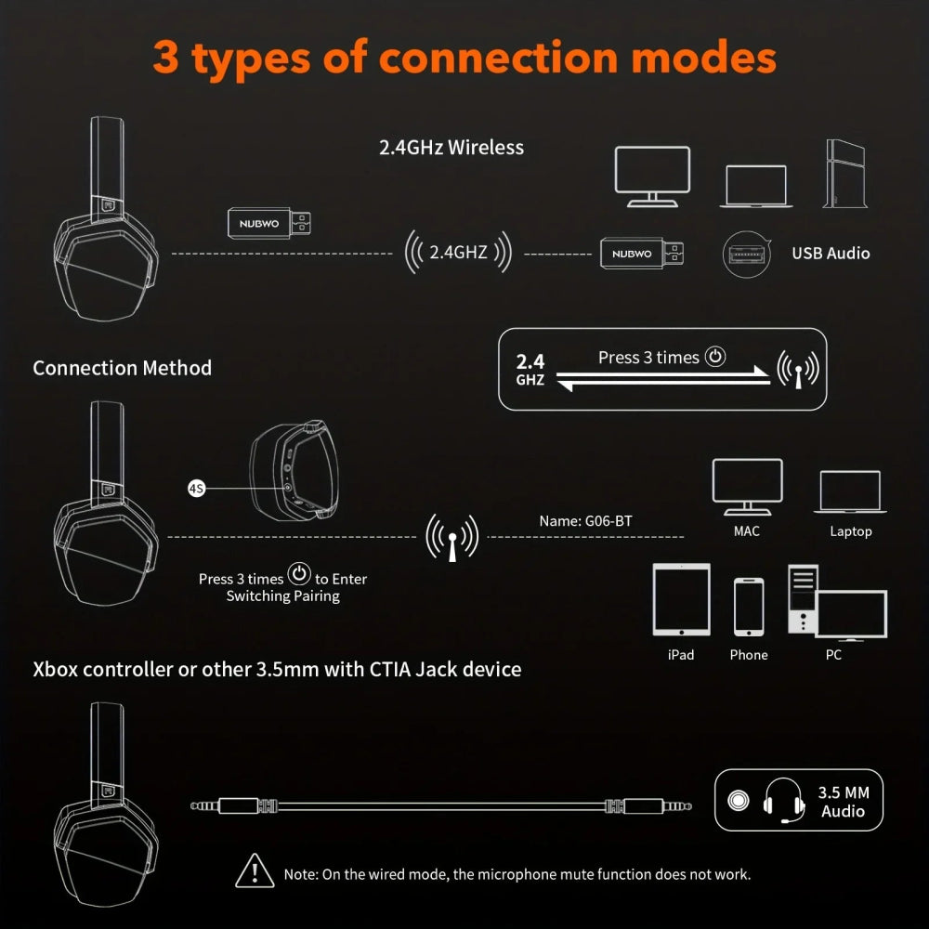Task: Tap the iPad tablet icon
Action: [681, 599]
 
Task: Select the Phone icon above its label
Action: [749, 607]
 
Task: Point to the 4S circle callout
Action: [196, 488]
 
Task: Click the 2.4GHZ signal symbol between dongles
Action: [458, 252]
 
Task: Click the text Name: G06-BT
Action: [585, 521]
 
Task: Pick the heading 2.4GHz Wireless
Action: [451, 147]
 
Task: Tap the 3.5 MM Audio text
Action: [843, 802]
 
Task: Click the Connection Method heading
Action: [123, 368]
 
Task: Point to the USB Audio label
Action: [831, 253]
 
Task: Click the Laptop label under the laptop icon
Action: [850, 531]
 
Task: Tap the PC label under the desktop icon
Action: [833, 655]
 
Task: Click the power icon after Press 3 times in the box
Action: [714, 357]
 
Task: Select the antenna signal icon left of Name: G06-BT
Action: [451, 537]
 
